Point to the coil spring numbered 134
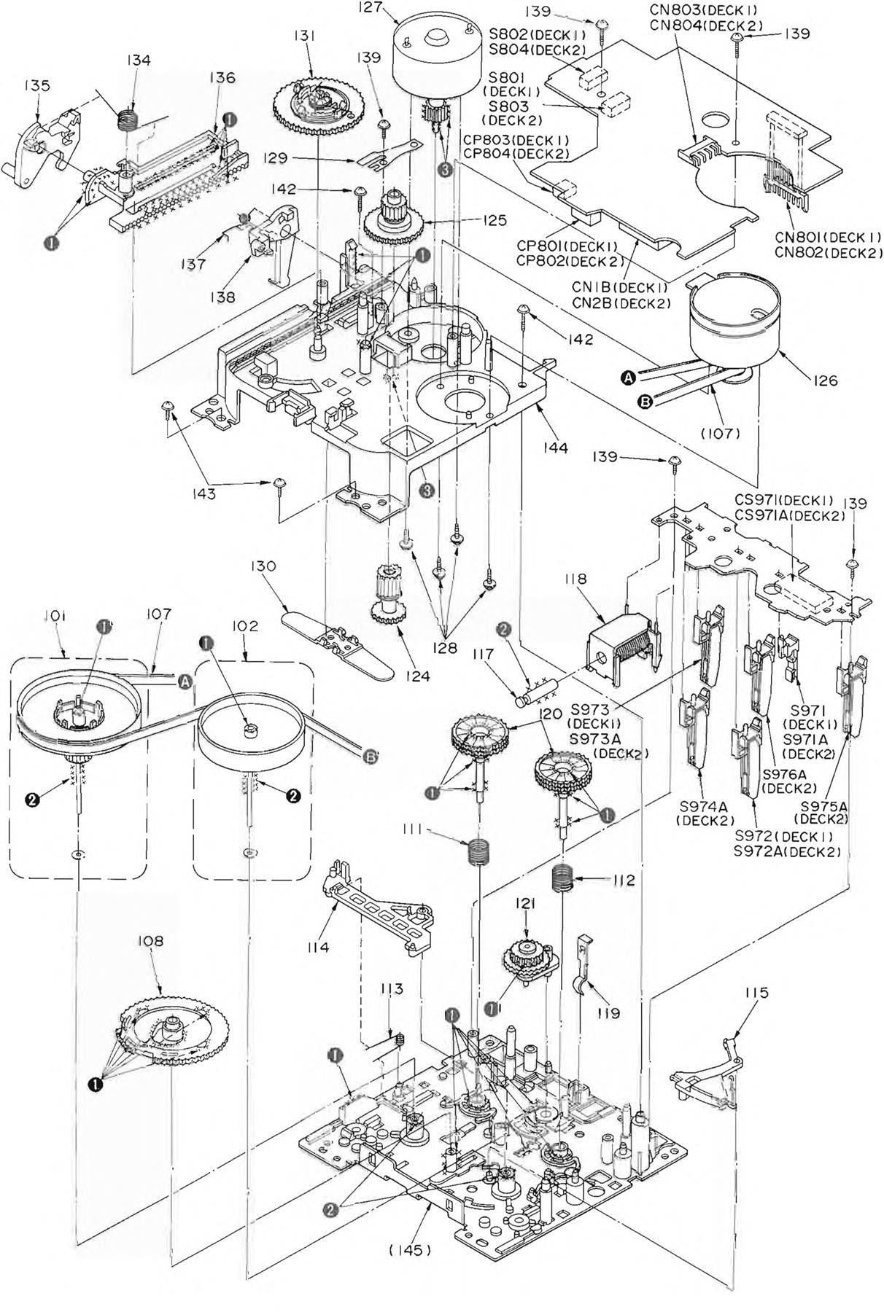(x=130, y=116)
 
